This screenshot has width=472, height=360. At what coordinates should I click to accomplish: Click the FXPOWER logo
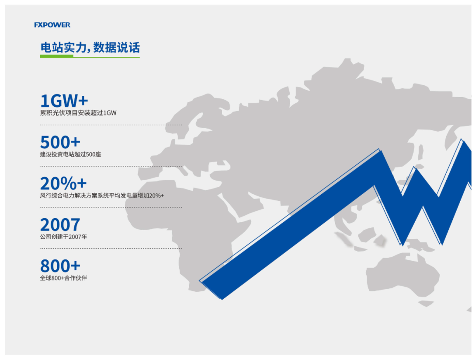52,24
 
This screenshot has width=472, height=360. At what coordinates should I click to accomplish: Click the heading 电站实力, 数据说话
90,48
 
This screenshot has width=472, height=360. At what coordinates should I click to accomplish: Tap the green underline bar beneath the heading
57,56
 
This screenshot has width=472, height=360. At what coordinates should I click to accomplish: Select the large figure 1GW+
64,101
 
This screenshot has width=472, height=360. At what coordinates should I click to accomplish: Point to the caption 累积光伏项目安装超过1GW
78,113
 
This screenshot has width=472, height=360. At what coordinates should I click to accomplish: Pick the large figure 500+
60,142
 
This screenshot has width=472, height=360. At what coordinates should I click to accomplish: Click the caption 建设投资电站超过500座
70,154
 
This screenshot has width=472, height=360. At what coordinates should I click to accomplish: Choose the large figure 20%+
63,183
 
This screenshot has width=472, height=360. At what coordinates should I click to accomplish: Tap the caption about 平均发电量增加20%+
102,196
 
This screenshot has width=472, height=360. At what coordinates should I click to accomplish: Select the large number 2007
60,225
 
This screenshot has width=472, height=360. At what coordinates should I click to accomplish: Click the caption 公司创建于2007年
63,237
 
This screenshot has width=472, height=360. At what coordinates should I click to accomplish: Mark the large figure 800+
60,266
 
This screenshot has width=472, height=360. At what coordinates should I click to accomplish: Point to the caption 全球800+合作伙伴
63,278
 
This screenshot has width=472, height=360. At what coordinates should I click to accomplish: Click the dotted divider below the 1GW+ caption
111,125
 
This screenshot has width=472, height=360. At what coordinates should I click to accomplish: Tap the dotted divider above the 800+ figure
111,248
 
